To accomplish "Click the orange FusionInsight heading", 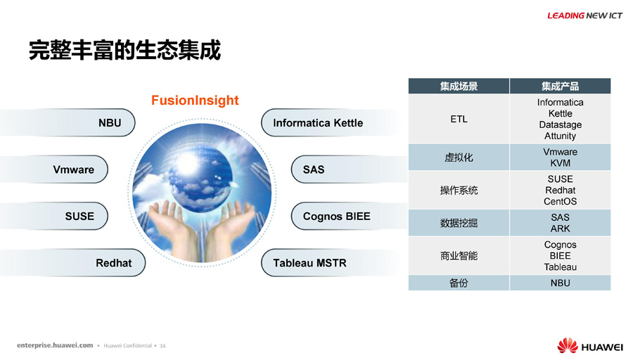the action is pos(195,101).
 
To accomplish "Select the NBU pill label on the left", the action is pos(110,123).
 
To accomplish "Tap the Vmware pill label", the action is pos(73,169).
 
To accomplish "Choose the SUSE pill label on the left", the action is pos(79,216).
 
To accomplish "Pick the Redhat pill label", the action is pos(114,263).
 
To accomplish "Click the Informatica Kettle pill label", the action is pos(318,123).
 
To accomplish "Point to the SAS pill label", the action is pos(314,169).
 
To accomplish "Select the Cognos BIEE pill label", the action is pos(337,217).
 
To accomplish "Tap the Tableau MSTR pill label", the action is pos(309,263).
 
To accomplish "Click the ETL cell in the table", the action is pos(459,120).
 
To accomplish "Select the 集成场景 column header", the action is pos(459,86).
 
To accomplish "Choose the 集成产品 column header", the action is pos(560,86).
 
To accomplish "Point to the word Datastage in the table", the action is pos(560,125).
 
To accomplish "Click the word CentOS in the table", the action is pos(560,202).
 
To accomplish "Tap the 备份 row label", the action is pos(459,283).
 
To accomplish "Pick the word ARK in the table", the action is pos(560,229).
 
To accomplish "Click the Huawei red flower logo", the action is pos(568,345).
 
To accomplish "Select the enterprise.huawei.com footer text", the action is pos(55,345).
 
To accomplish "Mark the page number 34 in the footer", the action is pos(162,346).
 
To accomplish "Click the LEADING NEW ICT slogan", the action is pos(585,15).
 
